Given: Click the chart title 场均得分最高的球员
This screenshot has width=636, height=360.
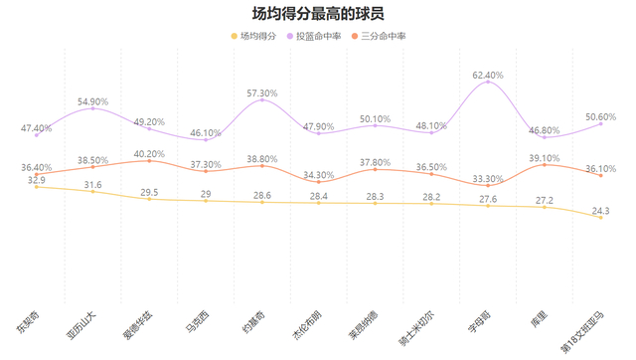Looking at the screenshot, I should [x=318, y=14].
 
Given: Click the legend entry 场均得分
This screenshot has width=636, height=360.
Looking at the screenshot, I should [x=258, y=36].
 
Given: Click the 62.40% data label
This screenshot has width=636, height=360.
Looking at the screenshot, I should [x=488, y=75].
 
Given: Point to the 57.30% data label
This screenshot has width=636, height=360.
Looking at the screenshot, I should [x=262, y=92].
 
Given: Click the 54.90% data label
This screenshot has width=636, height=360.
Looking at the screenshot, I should [x=92, y=101].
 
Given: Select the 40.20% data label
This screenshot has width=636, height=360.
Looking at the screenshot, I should [x=149, y=153].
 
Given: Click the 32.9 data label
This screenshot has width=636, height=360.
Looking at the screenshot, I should [x=36, y=180].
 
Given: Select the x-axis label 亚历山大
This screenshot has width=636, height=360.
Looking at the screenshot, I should [x=81, y=321].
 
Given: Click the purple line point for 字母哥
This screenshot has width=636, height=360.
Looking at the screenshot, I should [x=488, y=83].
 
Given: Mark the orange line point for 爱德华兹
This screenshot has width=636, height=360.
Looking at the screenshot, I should [x=149, y=161].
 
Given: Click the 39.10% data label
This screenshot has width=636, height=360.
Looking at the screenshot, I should [x=545, y=157].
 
